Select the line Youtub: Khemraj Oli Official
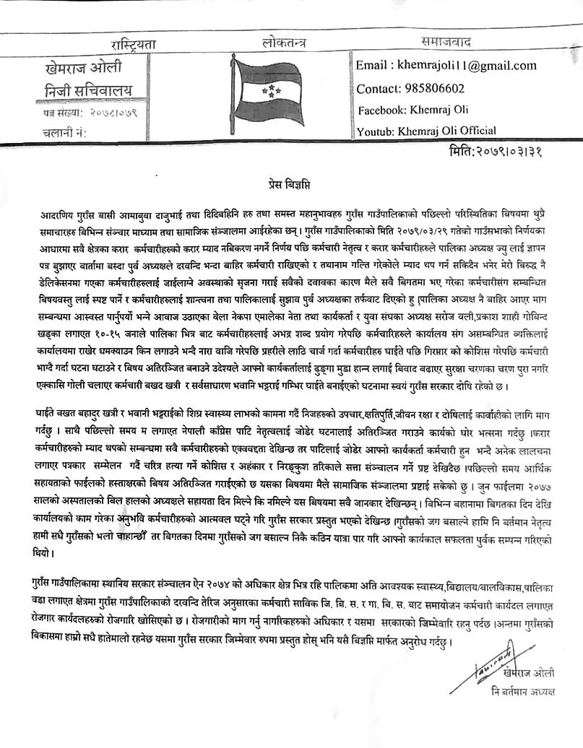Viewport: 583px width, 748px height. [x=426, y=131]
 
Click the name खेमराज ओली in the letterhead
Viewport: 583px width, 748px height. [x=83, y=69]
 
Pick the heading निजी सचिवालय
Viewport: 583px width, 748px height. [x=82, y=91]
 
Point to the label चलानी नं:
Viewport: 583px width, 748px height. [x=64, y=132]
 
